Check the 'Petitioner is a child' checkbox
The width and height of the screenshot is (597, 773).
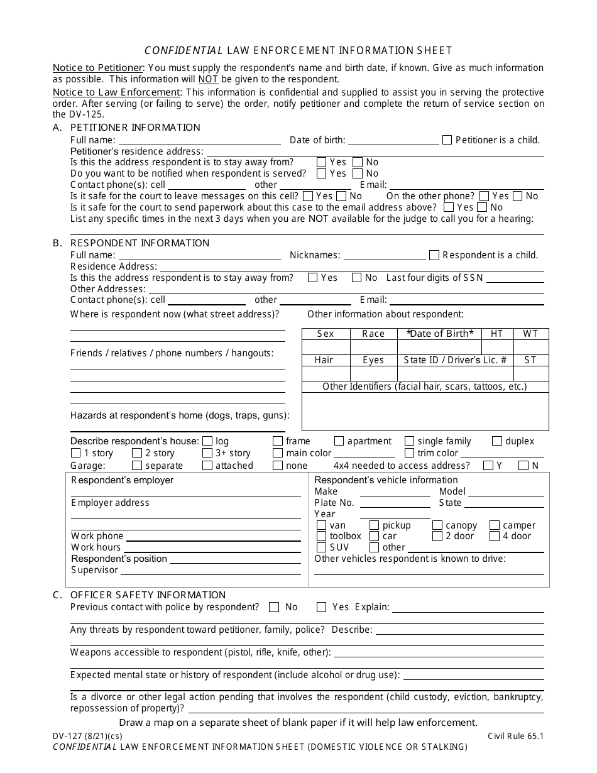click(x=447, y=140)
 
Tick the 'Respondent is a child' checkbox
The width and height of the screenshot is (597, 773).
click(x=434, y=255)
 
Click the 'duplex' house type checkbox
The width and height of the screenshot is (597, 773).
click(x=497, y=441)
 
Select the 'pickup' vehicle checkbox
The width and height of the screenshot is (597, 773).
click(x=374, y=525)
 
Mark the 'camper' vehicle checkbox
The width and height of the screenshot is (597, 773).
click(x=495, y=525)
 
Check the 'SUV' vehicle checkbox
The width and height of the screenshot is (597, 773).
click(x=321, y=547)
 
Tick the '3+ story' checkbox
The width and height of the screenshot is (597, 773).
click(x=207, y=453)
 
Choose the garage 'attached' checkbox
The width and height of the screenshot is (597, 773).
click(x=207, y=466)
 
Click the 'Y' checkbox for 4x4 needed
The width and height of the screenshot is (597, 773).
click(x=488, y=466)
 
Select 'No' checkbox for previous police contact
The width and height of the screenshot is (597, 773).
click(x=274, y=607)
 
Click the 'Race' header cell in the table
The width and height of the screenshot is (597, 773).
click(x=373, y=334)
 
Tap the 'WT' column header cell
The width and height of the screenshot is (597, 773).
click(x=530, y=334)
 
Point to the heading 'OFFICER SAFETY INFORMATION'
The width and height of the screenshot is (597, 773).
click(x=148, y=595)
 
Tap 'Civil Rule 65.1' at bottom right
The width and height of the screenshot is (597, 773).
click(x=515, y=736)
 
